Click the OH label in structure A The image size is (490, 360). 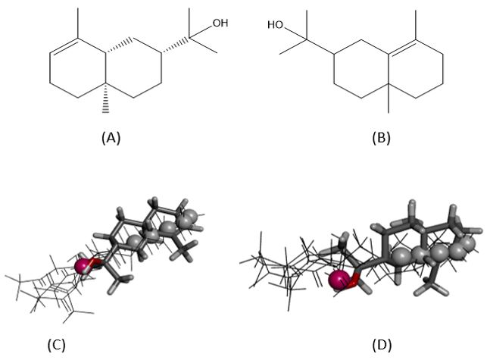220,23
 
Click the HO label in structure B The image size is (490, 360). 276,25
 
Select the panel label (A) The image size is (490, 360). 111,138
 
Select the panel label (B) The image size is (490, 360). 381,138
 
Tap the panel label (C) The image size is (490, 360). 57,346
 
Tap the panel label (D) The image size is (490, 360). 382,346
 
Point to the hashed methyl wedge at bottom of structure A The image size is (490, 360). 105,98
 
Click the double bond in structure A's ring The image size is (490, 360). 64,47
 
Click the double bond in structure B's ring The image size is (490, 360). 402,48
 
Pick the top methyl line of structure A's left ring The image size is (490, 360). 78,23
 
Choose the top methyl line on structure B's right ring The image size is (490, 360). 416,25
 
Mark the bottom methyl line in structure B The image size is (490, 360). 389,99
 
